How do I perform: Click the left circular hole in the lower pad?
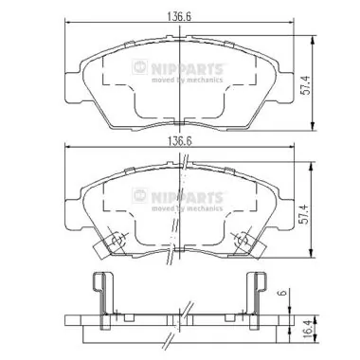(118, 242)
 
